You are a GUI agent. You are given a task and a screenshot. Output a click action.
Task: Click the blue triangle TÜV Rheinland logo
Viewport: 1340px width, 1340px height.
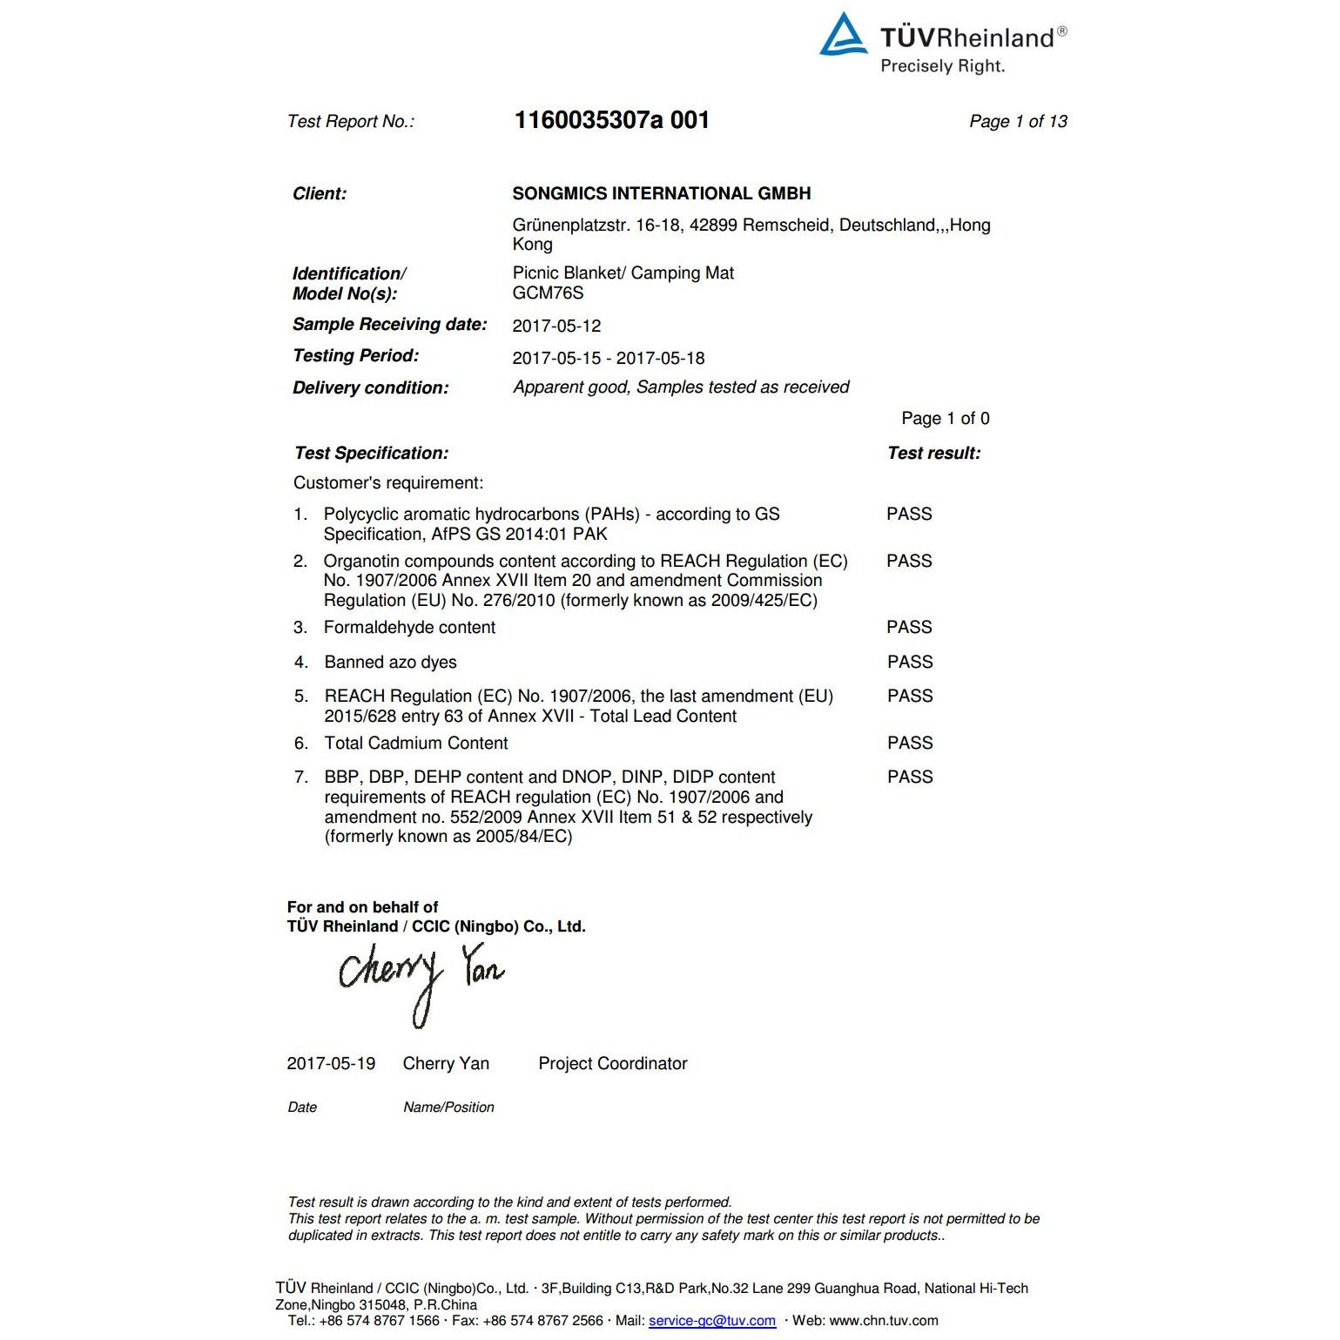click(843, 36)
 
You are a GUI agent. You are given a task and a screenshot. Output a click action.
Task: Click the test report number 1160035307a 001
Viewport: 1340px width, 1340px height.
click(611, 120)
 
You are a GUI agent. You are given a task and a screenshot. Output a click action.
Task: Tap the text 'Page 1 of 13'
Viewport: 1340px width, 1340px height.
click(1018, 122)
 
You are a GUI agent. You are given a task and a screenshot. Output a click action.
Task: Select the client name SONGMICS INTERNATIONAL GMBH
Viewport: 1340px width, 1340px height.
click(662, 193)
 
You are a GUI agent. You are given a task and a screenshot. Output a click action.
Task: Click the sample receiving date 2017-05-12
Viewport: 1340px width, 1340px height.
click(556, 327)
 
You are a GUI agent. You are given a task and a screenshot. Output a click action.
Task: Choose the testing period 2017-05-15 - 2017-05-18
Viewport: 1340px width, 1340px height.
click(608, 358)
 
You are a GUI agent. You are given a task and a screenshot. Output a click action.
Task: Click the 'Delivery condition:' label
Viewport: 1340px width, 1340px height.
click(370, 388)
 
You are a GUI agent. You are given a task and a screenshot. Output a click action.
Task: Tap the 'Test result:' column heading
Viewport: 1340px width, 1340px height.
click(933, 454)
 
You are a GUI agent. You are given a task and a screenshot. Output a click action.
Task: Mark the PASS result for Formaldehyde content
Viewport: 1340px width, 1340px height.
click(909, 628)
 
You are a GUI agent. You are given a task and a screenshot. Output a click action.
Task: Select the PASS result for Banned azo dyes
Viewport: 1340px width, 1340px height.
click(910, 663)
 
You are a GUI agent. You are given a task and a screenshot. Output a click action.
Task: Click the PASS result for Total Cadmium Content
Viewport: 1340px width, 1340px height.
click(910, 744)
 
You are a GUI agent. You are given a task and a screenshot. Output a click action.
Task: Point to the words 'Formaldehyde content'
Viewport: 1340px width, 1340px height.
click(409, 628)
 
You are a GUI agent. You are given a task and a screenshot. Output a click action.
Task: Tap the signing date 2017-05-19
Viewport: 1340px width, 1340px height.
click(331, 1064)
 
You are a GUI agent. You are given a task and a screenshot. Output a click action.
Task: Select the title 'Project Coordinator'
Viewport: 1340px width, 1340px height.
click(613, 1064)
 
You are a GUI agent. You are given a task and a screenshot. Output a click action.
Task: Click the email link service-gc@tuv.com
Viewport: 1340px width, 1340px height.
click(711, 1321)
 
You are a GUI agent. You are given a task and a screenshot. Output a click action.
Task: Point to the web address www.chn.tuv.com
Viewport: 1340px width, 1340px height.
click(883, 1321)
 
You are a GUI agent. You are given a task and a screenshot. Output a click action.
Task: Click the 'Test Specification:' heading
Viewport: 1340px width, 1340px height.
click(371, 454)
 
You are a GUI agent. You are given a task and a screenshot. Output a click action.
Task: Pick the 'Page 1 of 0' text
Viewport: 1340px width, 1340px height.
click(945, 419)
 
